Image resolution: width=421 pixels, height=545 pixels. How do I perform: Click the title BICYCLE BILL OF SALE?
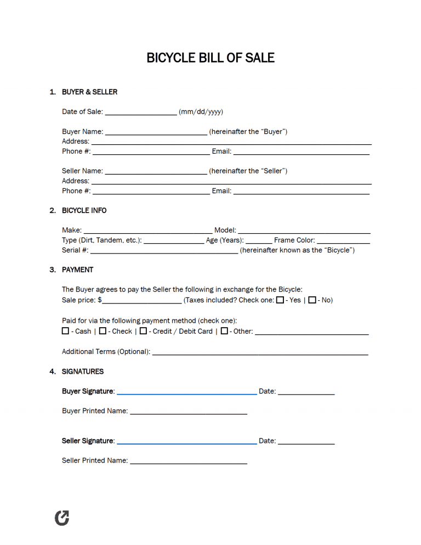[210, 58]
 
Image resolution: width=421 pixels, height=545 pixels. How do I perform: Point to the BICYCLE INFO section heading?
[84, 211]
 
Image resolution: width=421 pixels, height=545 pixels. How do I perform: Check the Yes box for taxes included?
[280, 300]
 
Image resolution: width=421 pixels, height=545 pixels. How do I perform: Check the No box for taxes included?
[312, 300]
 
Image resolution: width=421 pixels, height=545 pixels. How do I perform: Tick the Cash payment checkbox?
[66, 331]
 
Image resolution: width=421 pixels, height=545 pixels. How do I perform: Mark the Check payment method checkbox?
[103, 331]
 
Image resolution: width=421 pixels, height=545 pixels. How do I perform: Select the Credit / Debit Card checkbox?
[143, 331]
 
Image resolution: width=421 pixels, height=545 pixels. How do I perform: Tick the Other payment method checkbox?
[224, 331]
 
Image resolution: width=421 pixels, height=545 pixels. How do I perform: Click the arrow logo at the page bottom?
[62, 518]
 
